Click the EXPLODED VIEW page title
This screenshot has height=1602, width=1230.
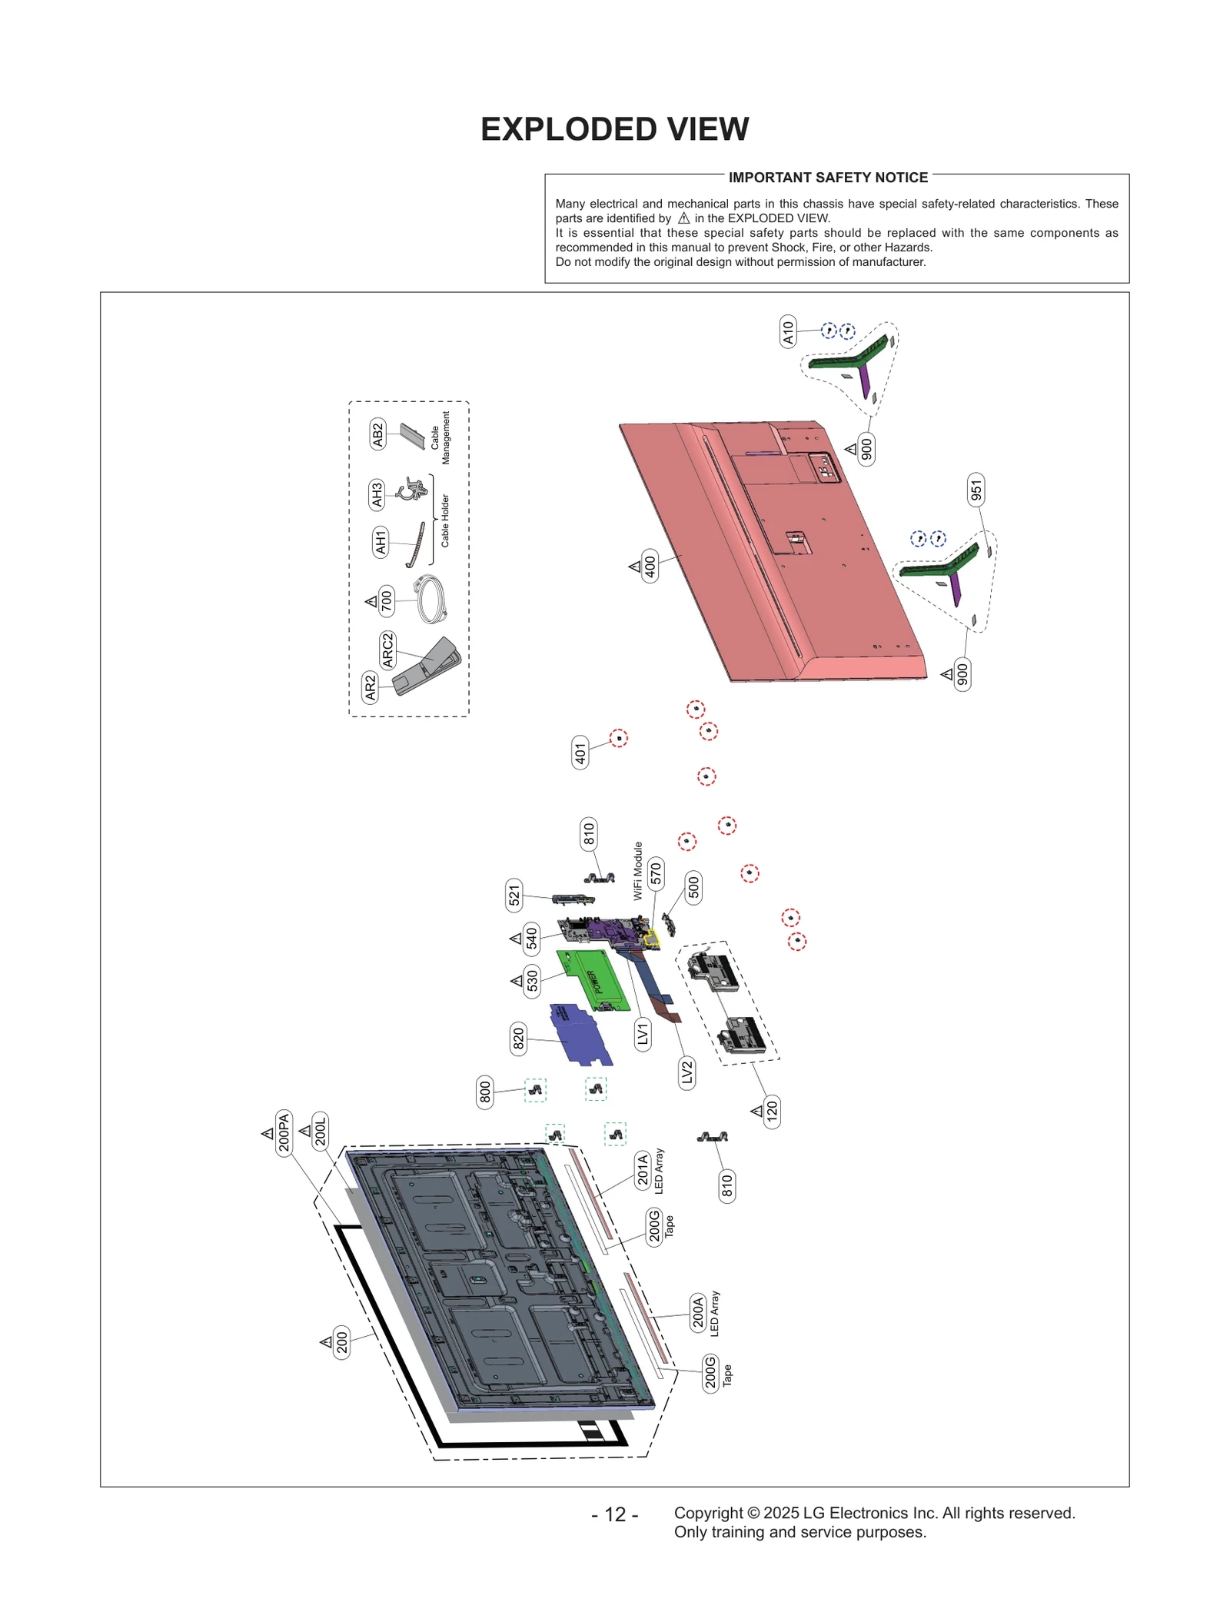(x=614, y=129)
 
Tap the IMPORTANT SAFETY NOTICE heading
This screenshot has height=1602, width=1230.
(x=828, y=178)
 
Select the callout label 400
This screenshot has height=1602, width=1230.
(x=650, y=567)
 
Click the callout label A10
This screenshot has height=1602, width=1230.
(x=788, y=331)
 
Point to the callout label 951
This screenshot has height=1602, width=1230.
(x=976, y=490)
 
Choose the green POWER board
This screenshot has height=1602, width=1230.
(x=596, y=980)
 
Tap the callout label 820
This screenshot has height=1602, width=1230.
(x=519, y=1039)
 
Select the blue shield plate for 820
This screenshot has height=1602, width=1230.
(x=580, y=1034)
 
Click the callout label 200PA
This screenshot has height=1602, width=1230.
(x=284, y=1132)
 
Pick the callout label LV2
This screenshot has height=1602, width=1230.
(x=687, y=1072)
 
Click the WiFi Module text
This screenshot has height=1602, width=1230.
(x=637, y=870)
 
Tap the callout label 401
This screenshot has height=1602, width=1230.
(x=580, y=753)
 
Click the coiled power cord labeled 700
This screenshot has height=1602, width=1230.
(x=430, y=600)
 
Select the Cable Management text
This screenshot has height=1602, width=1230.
(x=440, y=437)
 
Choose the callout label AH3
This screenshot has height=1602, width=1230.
(x=377, y=494)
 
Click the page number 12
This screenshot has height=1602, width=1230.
(x=614, y=1514)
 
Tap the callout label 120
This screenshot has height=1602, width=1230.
(x=772, y=1111)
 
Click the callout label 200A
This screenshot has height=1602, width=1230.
(x=698, y=1311)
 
